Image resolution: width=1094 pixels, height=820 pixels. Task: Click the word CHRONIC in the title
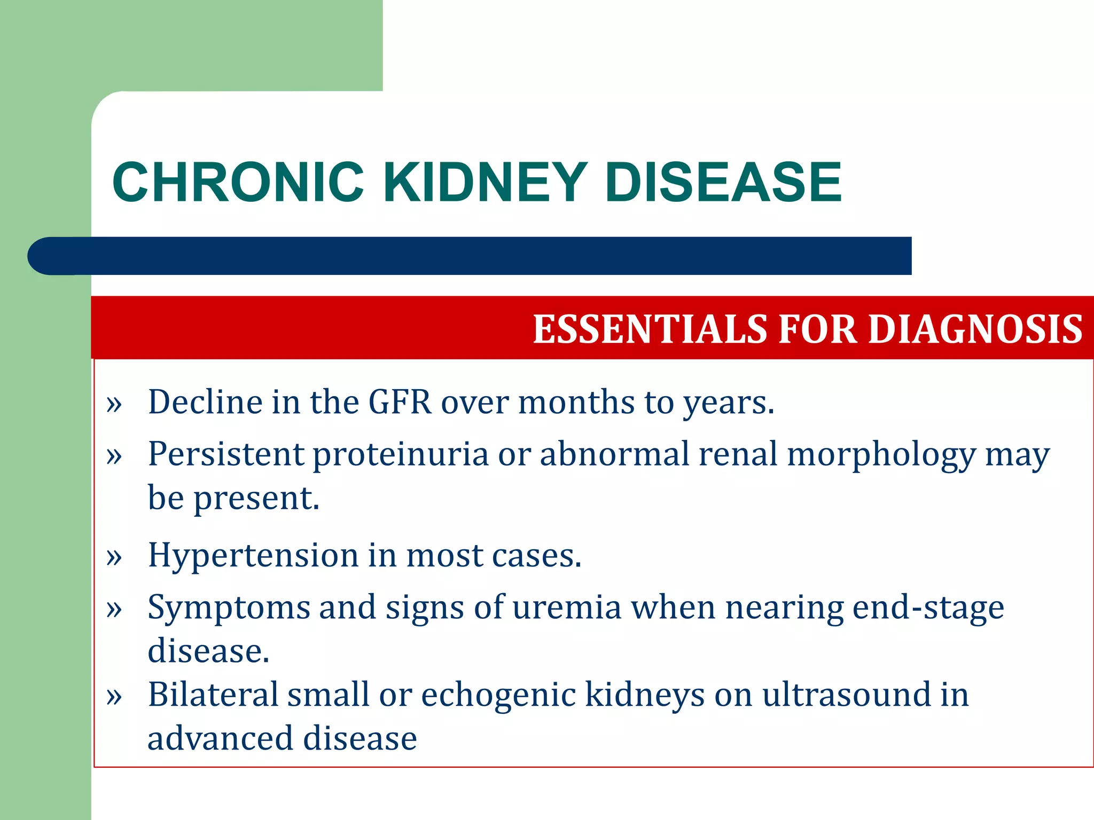238,183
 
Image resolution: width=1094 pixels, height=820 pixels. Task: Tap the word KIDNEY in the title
485,183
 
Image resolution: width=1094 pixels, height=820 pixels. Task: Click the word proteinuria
401,455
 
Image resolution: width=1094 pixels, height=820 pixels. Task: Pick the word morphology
881,455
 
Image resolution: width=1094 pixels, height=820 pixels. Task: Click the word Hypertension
253,555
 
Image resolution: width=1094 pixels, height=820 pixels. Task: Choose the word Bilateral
213,695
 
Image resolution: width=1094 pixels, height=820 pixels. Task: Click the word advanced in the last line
220,739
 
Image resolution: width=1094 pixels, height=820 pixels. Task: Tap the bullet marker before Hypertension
114,557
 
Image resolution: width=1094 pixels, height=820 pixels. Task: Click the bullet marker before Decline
114,405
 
